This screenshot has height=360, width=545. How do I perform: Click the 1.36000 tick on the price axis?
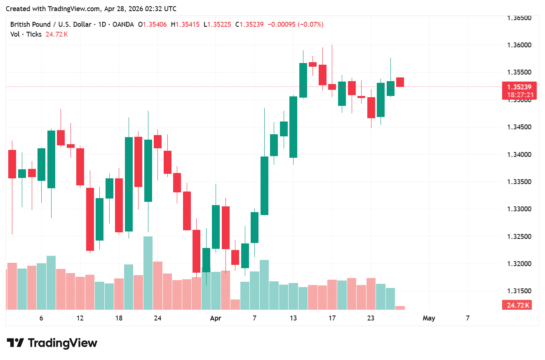click(519, 45)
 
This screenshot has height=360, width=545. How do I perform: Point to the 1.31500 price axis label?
click(519, 291)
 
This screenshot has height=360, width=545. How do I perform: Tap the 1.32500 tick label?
click(519, 237)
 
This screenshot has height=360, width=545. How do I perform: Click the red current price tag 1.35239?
click(519, 87)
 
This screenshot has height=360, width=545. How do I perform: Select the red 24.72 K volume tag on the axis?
click(518, 305)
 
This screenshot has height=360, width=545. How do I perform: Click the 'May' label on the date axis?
click(429, 318)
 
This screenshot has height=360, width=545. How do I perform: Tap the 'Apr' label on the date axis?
click(215, 318)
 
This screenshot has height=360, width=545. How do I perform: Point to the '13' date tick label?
click(293, 318)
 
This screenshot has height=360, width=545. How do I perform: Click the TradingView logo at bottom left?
click(52, 343)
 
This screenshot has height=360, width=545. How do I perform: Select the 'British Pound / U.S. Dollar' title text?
click(51, 25)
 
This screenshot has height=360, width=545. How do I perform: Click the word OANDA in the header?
click(123, 25)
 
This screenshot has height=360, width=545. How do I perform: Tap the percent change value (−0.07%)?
click(310, 25)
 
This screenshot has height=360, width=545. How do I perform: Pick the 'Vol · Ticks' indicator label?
click(26, 35)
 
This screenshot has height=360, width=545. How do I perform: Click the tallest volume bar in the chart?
click(148, 273)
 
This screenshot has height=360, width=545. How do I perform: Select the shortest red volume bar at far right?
click(400, 308)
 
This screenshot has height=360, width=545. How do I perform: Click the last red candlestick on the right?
click(400, 82)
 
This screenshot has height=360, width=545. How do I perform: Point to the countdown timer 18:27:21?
click(519, 95)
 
